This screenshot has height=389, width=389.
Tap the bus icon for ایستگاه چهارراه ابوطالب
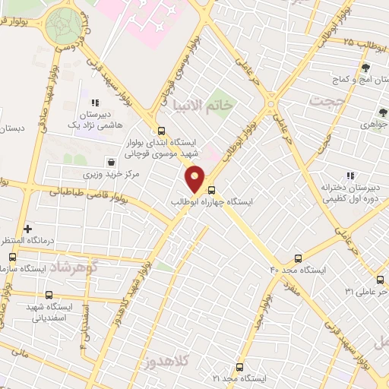[x=211, y=191]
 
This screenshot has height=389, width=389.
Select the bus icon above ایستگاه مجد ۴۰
[x=298, y=258]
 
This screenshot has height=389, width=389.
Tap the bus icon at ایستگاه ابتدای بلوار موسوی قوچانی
[x=160, y=130]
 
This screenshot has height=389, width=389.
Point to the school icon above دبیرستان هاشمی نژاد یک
[x=95, y=103]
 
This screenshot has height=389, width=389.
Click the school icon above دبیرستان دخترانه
[x=350, y=175]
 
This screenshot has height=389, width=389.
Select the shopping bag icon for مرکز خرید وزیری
[x=112, y=162]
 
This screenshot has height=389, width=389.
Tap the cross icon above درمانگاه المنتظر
[x=28, y=228]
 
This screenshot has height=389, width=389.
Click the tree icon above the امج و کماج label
[x=365, y=68]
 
